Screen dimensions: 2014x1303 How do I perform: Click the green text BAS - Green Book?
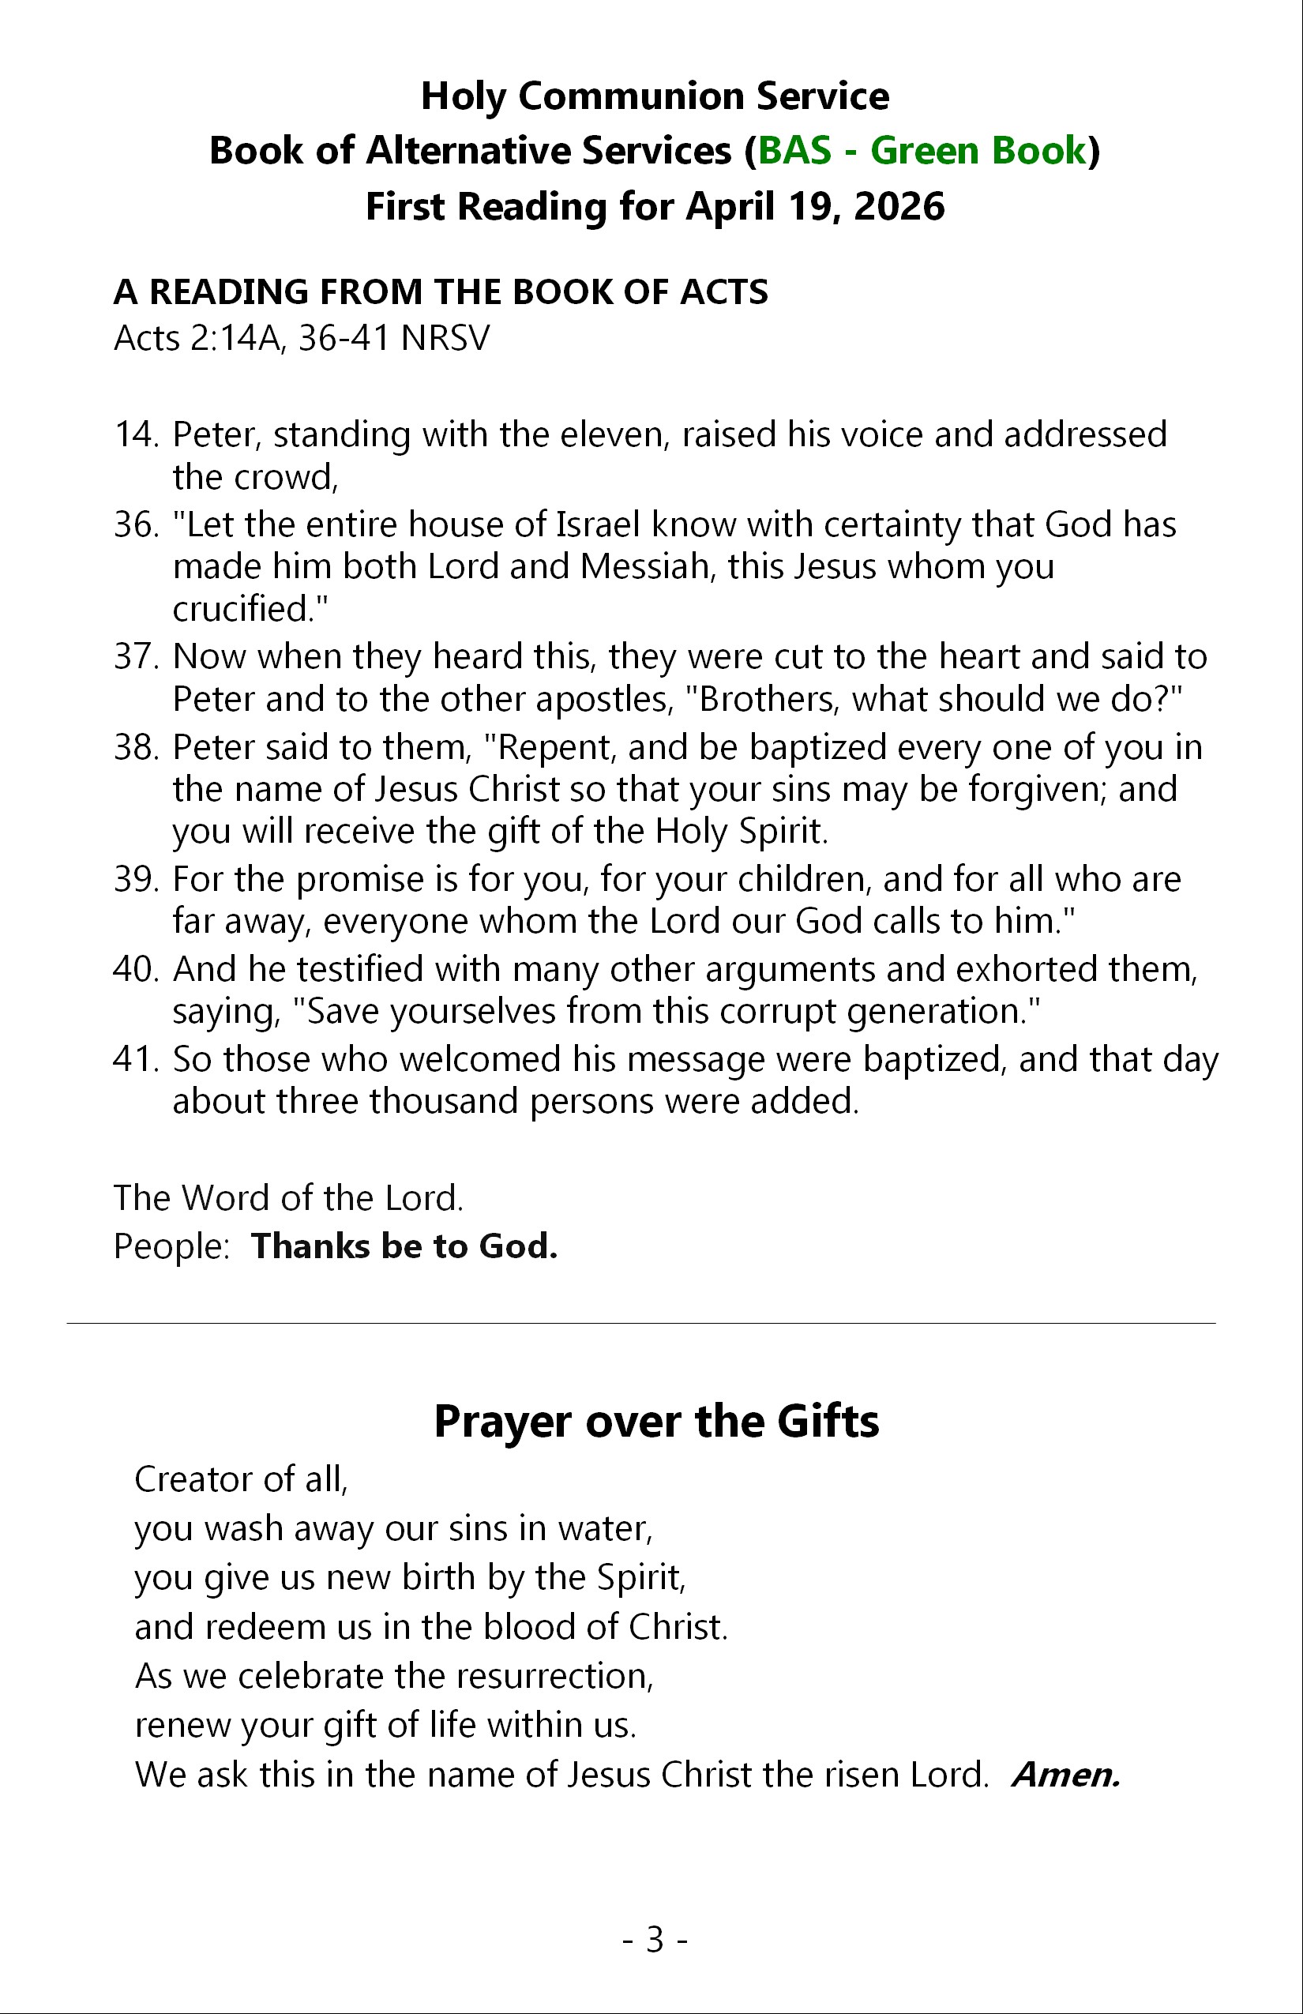(922, 151)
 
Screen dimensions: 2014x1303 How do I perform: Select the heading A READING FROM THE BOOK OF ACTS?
(440, 292)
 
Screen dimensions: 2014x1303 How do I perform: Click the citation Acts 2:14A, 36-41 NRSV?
(301, 338)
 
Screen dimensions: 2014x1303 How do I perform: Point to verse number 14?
(135, 434)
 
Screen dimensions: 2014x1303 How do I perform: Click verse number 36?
(135, 524)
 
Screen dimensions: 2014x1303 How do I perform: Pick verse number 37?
(135, 656)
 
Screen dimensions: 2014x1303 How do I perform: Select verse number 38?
(135, 747)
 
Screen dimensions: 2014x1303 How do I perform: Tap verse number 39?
(135, 879)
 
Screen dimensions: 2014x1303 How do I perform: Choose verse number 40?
(135, 969)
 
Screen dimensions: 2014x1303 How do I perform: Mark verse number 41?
(135, 1059)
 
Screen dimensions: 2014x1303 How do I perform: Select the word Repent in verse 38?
(550, 747)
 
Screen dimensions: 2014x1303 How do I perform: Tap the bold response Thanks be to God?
(404, 1246)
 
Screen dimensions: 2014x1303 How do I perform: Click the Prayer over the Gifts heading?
(655, 1421)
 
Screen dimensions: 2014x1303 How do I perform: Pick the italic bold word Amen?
(1066, 1775)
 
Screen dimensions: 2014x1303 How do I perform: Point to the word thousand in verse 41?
(449, 1102)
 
